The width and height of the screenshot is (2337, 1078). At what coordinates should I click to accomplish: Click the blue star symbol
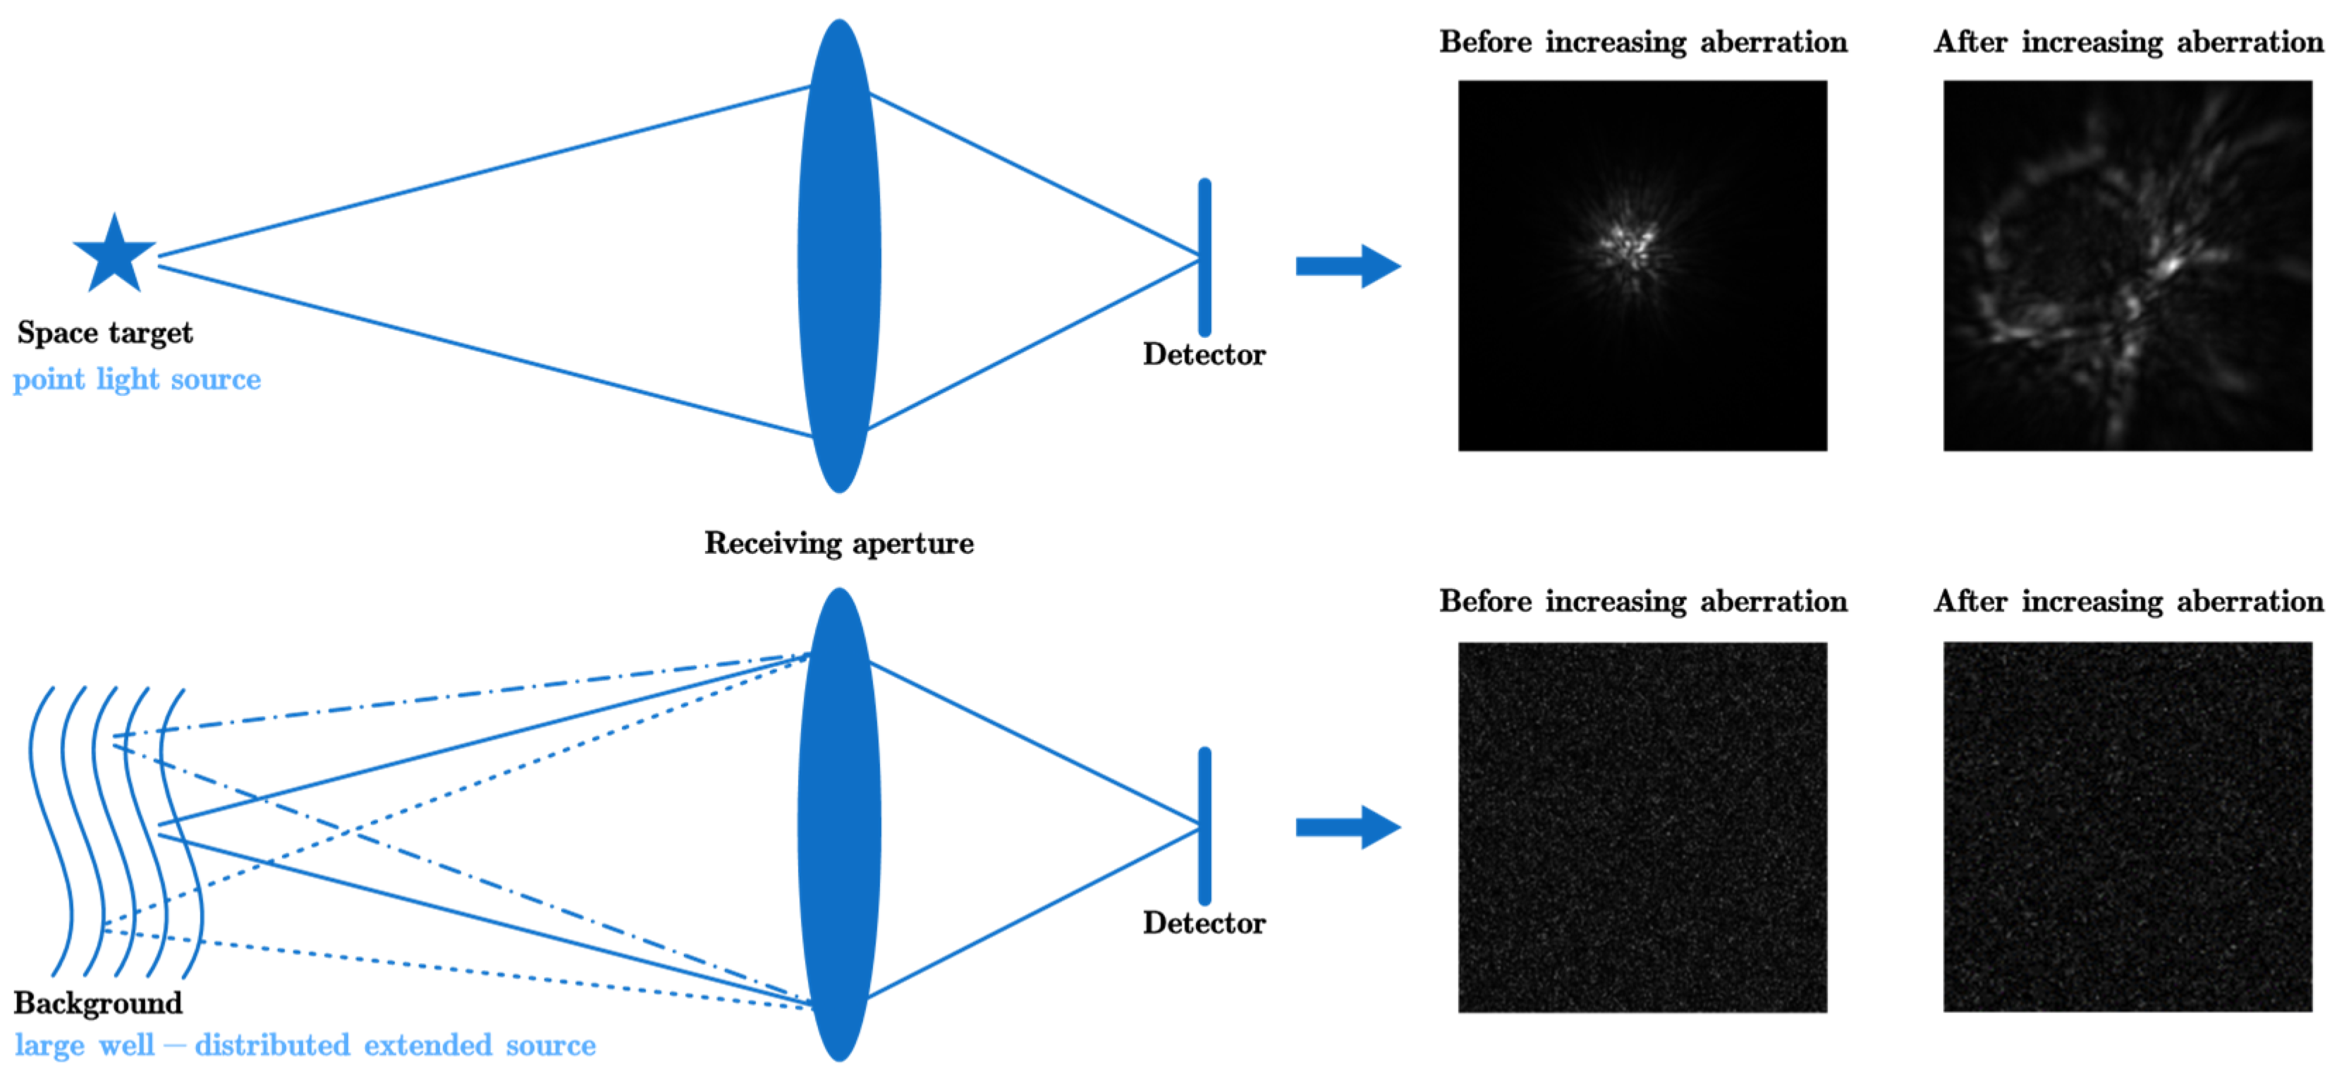click(114, 256)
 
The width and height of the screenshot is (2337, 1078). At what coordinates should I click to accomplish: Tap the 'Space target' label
click(104, 333)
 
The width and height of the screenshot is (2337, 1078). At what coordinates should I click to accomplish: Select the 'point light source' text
click(137, 380)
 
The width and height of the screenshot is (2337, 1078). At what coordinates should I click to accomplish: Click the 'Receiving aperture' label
click(839, 543)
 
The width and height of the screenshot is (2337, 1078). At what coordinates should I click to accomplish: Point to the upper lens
click(839, 256)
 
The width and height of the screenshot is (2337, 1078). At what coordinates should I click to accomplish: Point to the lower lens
click(839, 824)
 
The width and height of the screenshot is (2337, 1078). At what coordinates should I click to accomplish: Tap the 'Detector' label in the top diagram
click(1204, 355)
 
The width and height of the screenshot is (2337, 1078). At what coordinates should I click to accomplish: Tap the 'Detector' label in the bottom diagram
click(1204, 923)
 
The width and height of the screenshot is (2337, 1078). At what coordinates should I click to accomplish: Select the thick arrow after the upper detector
click(1347, 266)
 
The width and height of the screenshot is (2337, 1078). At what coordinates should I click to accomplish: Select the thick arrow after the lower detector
click(1347, 827)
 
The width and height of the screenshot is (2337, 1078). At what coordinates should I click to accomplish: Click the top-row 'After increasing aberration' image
click(2128, 266)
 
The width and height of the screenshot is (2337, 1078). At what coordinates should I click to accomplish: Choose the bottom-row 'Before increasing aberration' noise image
click(1642, 827)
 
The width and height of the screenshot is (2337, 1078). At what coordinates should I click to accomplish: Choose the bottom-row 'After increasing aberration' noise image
click(2128, 827)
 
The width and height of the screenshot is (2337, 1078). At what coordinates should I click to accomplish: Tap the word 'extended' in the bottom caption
click(427, 1046)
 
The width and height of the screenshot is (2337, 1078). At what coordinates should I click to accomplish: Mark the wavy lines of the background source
click(114, 830)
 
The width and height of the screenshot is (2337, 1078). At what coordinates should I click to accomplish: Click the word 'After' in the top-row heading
click(1970, 42)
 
